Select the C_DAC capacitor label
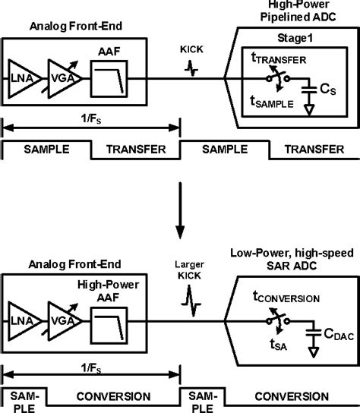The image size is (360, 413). click(x=334, y=331)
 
